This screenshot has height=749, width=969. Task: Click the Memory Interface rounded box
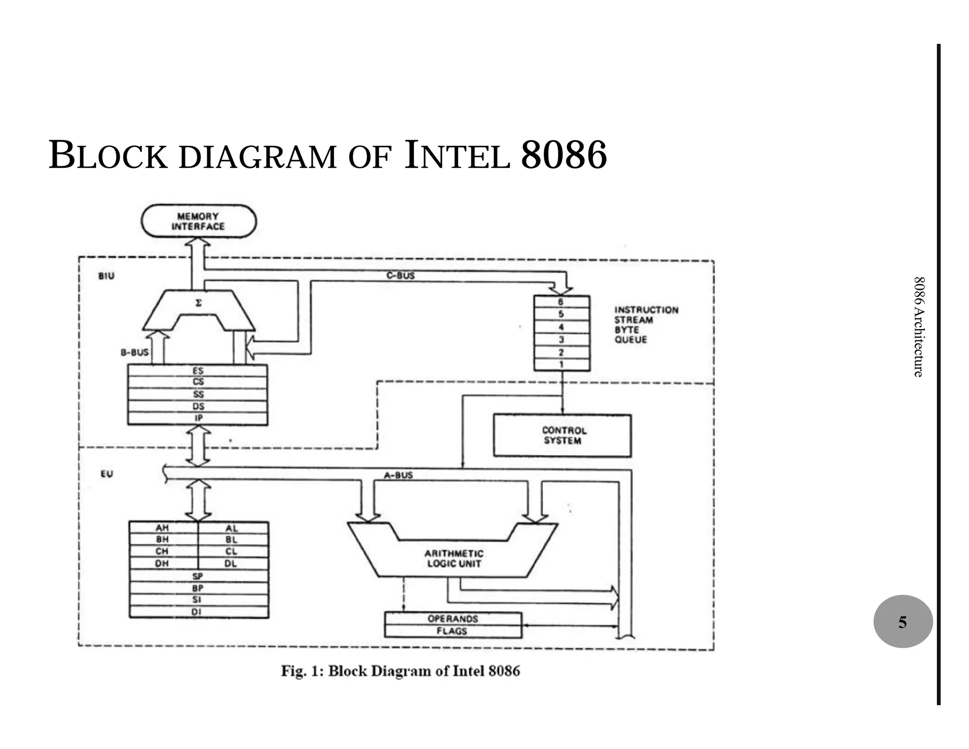click(x=199, y=221)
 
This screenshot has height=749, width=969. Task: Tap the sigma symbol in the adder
click(x=198, y=303)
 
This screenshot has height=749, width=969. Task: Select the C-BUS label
click(x=400, y=276)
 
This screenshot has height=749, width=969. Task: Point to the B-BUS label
click(x=134, y=352)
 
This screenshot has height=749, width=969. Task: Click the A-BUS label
click(x=398, y=475)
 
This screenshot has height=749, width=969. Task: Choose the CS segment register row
click(x=198, y=382)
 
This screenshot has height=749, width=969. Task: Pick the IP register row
click(x=198, y=418)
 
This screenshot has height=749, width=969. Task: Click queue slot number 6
click(x=561, y=302)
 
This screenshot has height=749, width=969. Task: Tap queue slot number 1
click(x=561, y=365)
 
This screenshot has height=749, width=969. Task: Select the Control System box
click(x=562, y=436)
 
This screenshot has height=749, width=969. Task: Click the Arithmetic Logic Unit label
click(x=453, y=558)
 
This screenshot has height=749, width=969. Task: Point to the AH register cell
click(x=162, y=528)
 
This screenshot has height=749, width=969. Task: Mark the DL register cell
click(x=231, y=563)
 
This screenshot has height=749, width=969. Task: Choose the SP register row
click(x=198, y=576)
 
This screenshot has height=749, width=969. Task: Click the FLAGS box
click(x=452, y=631)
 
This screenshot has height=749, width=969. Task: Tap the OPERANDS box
click(x=452, y=619)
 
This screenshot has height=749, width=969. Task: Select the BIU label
click(x=106, y=276)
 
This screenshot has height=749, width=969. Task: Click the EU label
click(x=107, y=474)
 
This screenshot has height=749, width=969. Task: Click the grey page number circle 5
click(x=903, y=622)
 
